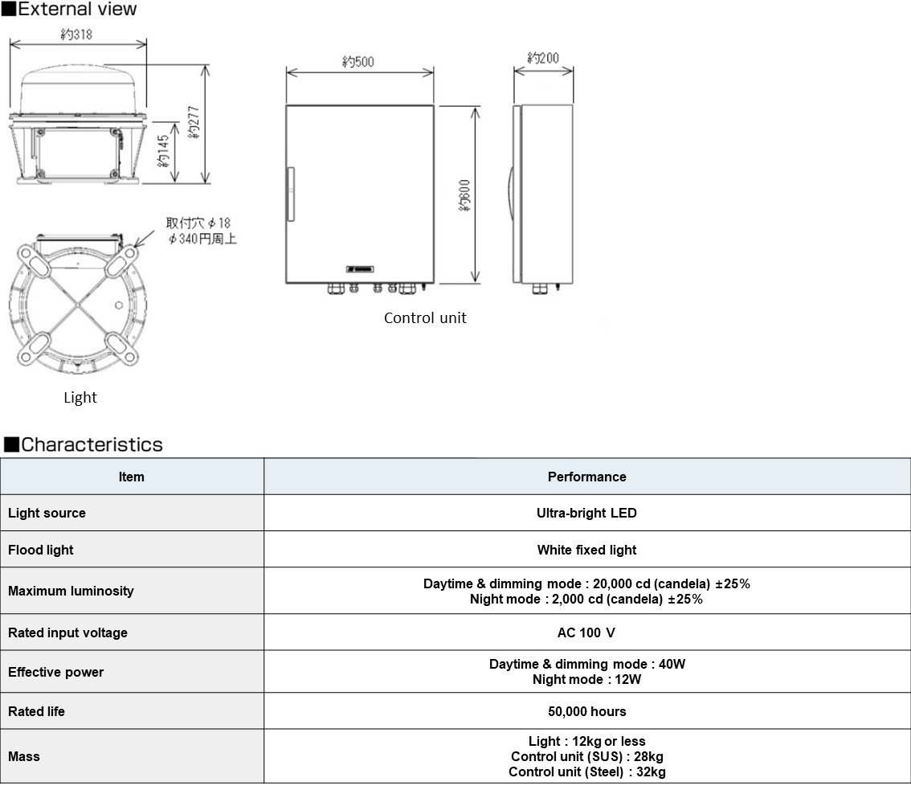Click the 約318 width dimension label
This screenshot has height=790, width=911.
click(76, 35)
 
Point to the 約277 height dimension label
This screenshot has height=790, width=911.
click(194, 122)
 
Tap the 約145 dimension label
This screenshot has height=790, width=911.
click(164, 151)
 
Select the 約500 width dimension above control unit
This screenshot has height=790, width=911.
click(358, 62)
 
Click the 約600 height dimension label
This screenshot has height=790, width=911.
click(464, 195)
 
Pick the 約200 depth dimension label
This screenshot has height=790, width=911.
click(542, 58)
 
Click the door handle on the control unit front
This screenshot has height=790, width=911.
click(291, 194)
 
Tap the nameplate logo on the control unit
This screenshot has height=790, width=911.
click(360, 269)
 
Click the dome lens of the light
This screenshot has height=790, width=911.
click(79, 89)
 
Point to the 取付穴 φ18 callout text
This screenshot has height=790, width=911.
click(198, 223)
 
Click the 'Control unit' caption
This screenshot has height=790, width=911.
click(425, 318)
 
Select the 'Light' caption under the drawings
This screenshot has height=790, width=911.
click(80, 398)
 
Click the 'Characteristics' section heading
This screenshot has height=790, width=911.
click(92, 444)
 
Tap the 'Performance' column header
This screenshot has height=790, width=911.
click(586, 477)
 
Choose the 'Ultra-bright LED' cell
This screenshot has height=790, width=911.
click(586, 513)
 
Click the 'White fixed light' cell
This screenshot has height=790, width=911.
click(586, 550)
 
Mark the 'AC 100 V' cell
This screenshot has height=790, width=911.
click(586, 632)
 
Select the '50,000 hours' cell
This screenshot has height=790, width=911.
click(586, 711)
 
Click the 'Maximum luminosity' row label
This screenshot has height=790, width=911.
click(71, 591)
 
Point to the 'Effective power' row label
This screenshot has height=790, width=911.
click(55, 672)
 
